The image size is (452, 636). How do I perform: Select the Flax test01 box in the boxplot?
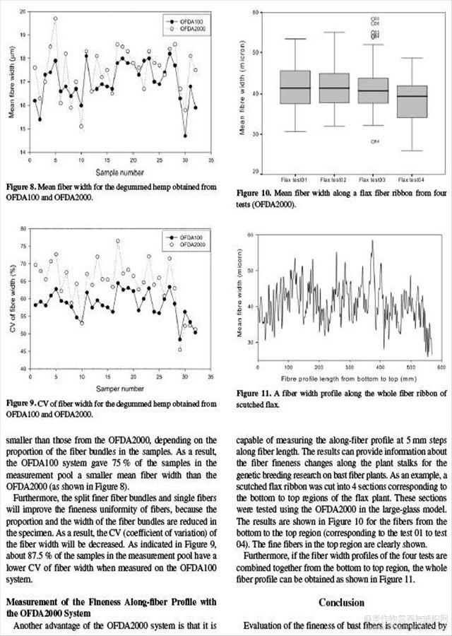coord(295,87)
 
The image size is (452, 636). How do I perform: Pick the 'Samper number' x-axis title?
coord(117,389)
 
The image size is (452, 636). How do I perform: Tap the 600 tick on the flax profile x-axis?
coord(441,368)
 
